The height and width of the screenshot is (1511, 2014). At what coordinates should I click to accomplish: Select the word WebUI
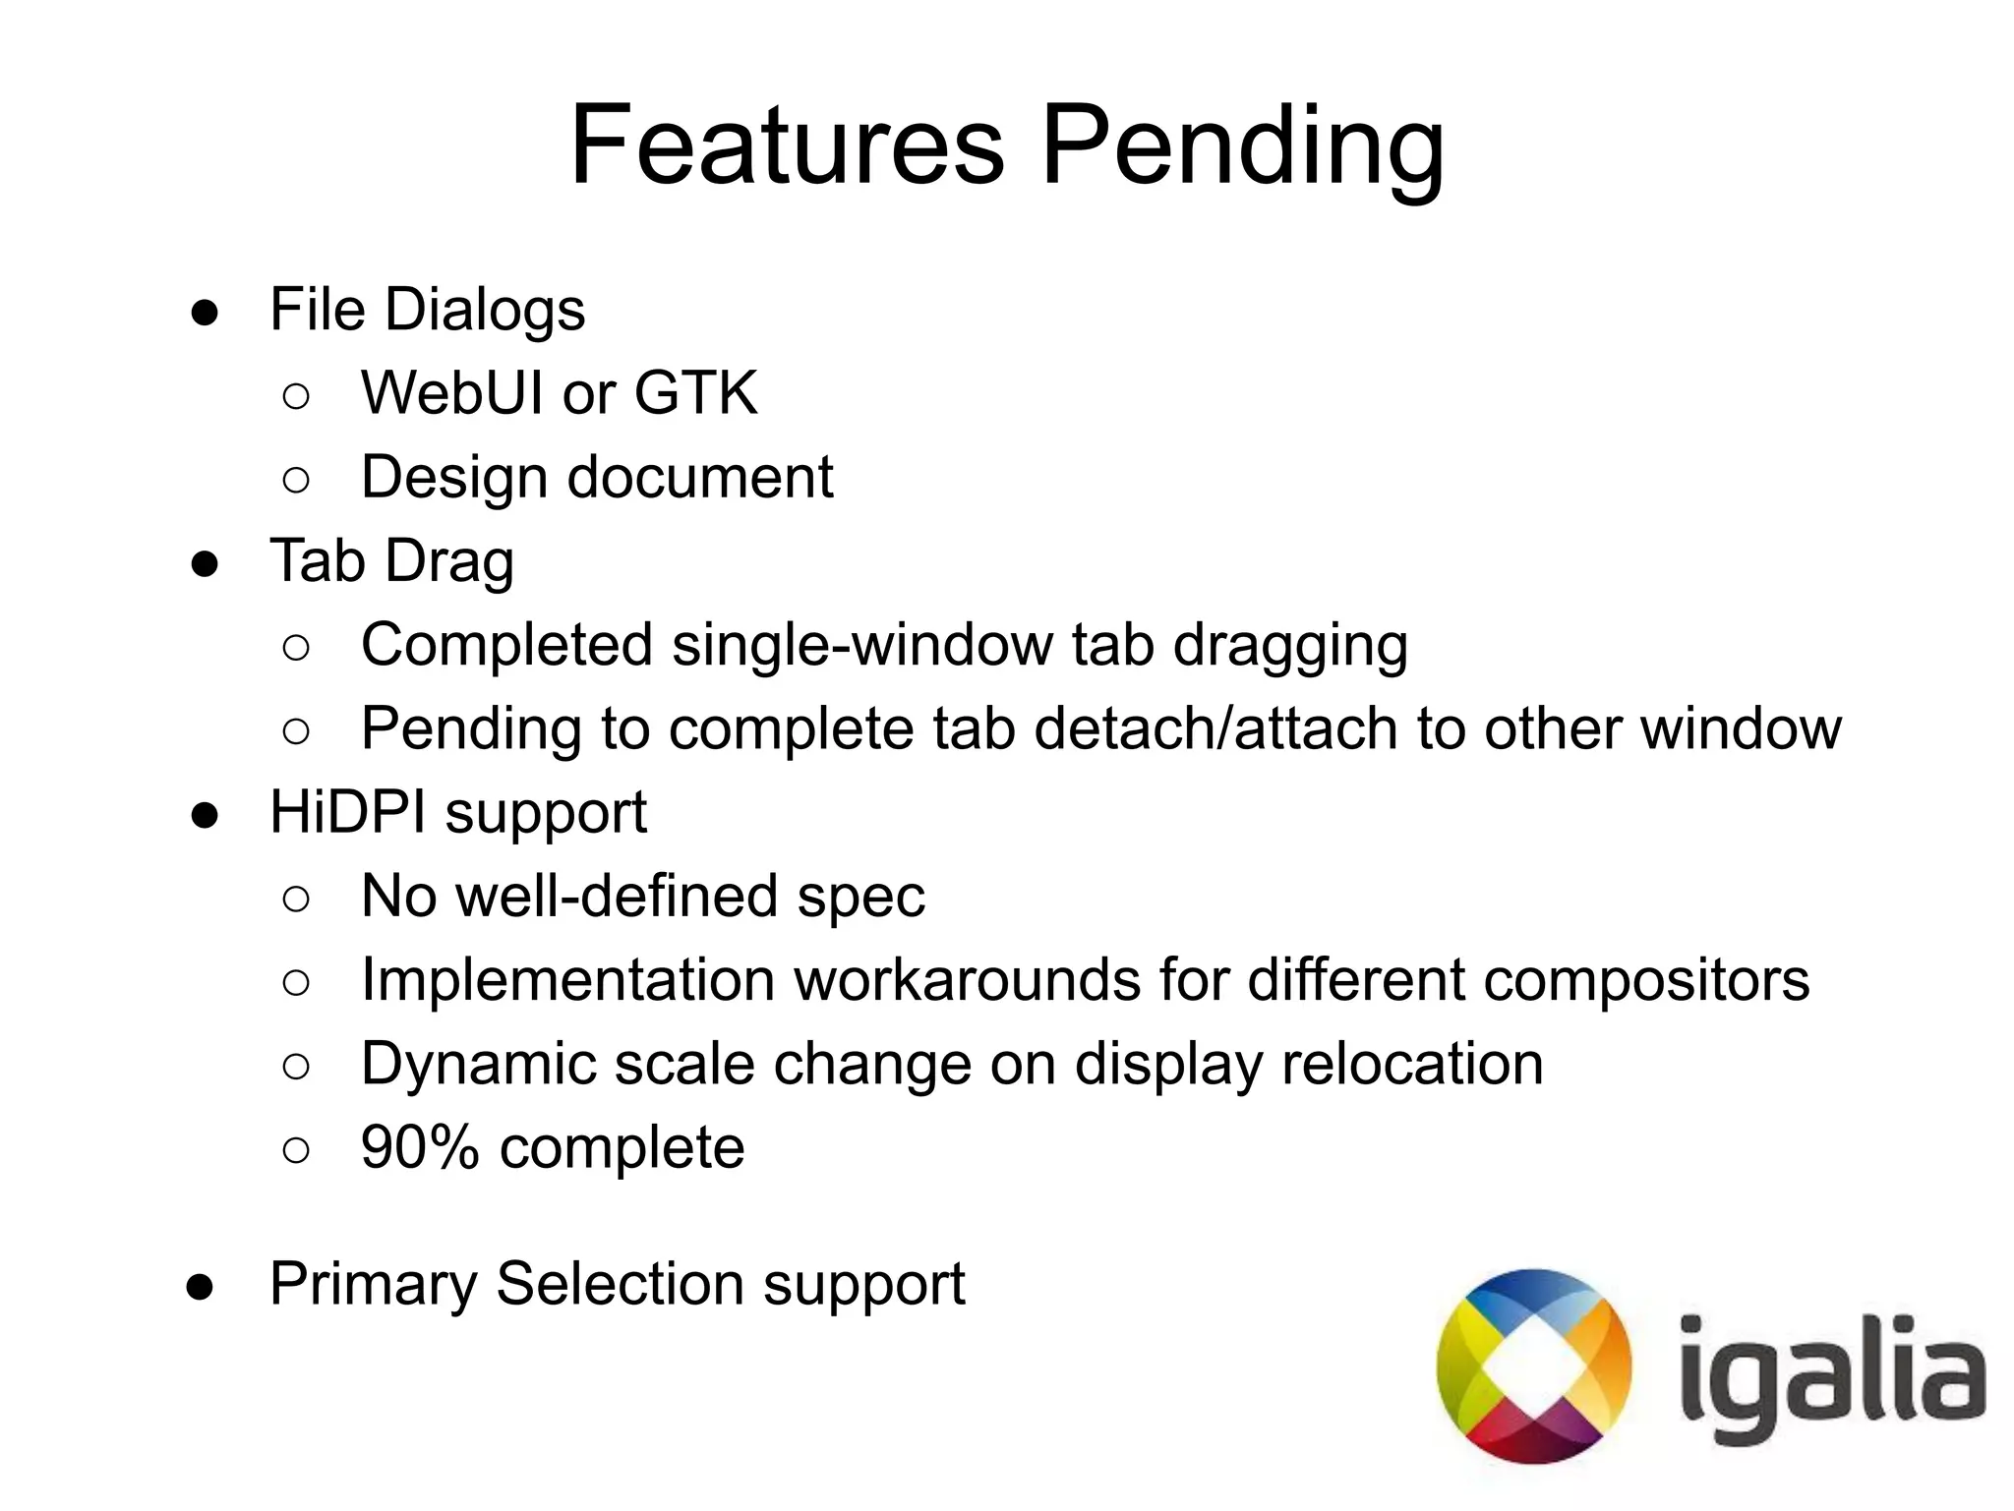tap(451, 393)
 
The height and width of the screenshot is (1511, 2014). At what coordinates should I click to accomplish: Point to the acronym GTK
tap(695, 393)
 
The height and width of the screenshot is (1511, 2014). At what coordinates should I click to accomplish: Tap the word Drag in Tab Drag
tap(449, 563)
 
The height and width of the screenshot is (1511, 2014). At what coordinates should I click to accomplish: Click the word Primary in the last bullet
tap(373, 1285)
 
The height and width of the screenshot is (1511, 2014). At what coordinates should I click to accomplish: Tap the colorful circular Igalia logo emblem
tap(1533, 1366)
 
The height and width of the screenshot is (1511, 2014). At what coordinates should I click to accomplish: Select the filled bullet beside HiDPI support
tap(205, 815)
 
